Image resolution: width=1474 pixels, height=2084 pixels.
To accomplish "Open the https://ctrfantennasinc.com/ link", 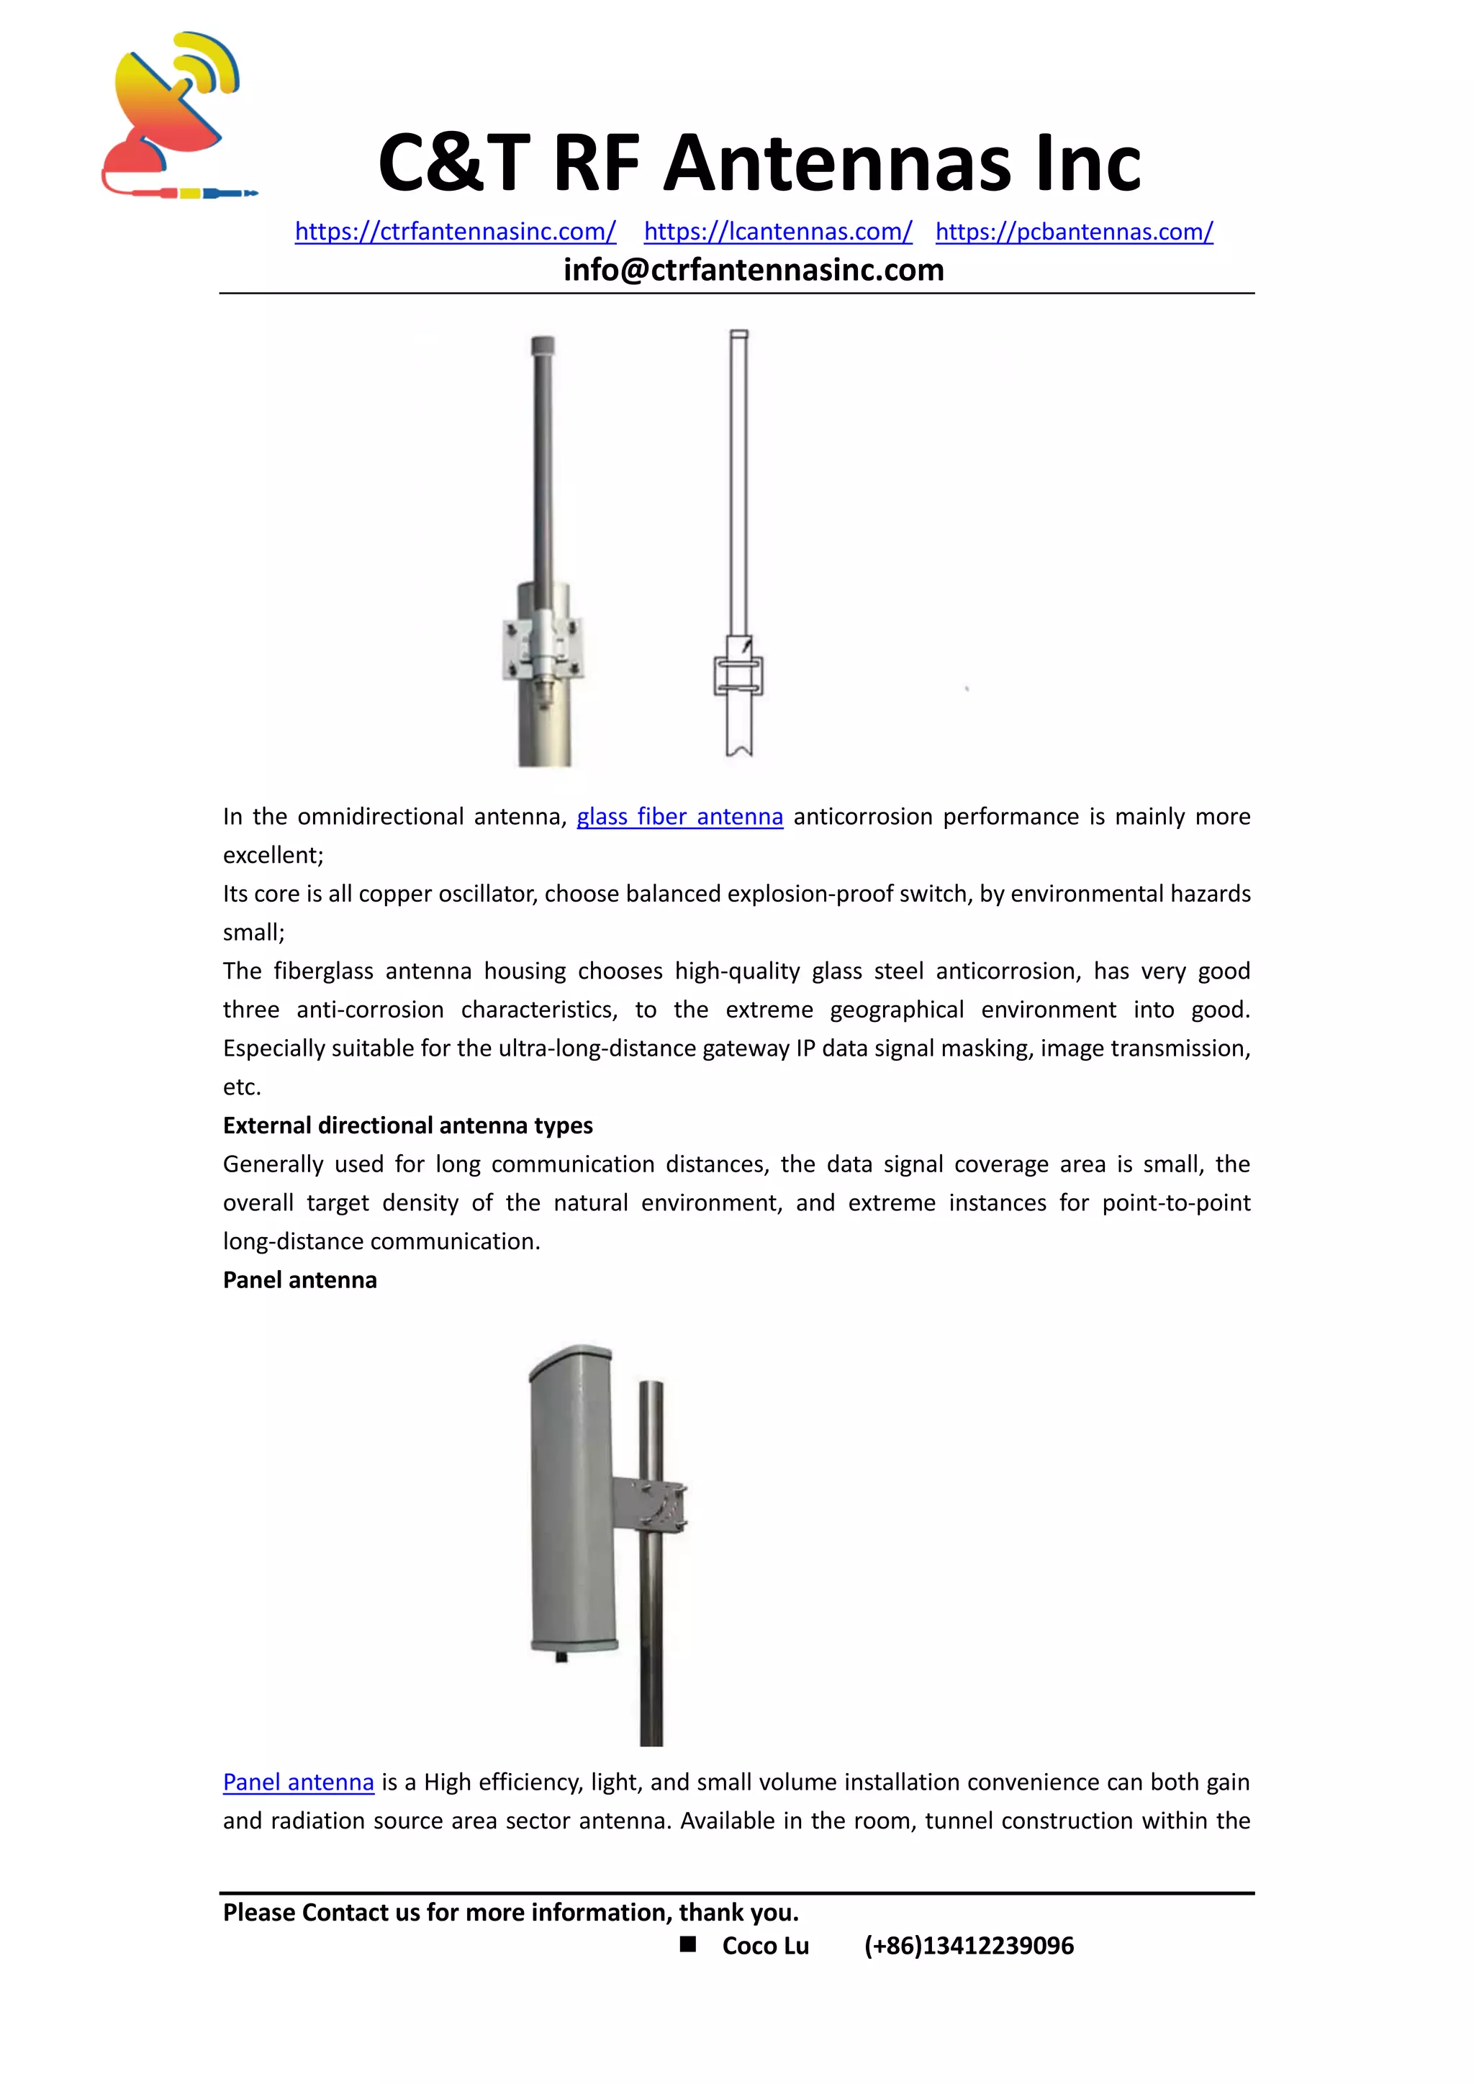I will [x=455, y=232].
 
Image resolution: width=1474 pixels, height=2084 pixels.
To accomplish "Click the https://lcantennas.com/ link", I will [x=778, y=232].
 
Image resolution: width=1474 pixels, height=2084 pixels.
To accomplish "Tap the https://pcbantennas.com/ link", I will [x=1074, y=232].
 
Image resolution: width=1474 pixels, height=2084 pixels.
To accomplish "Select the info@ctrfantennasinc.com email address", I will [x=754, y=270].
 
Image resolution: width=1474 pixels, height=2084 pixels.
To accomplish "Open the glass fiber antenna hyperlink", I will [x=680, y=817].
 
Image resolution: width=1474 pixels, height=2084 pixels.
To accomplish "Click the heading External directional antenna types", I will [x=407, y=1125].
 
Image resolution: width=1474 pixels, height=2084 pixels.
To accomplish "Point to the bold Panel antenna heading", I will [x=299, y=1279].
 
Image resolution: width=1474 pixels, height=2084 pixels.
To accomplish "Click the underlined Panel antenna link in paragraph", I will [x=299, y=1782].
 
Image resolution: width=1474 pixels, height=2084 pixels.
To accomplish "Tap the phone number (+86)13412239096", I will [x=969, y=1946].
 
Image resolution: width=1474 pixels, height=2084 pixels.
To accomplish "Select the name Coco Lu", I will [x=765, y=1946].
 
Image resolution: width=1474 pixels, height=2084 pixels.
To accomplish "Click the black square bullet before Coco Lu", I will [x=688, y=1944].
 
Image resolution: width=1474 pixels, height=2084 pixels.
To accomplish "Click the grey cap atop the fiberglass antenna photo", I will [x=542, y=346].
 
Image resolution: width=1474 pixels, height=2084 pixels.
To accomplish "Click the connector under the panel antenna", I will [x=561, y=1657].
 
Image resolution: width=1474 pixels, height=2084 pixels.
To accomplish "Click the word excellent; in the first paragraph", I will [x=273, y=855].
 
